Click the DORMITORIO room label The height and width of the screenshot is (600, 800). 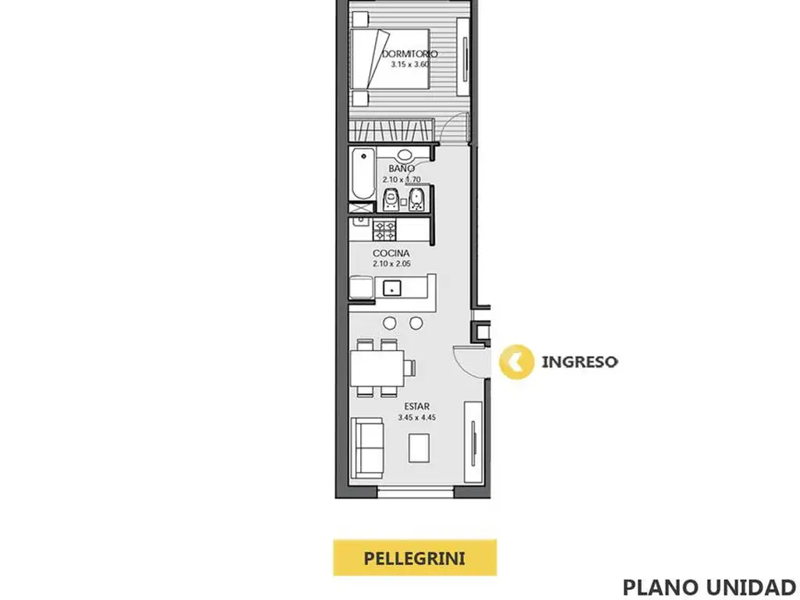pyautogui.click(x=409, y=54)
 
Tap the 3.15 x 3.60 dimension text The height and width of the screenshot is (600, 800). pyautogui.click(x=409, y=64)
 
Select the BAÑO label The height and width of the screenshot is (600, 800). pyautogui.click(x=402, y=168)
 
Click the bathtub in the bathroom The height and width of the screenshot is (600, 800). pyautogui.click(x=363, y=174)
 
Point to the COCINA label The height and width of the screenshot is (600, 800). pyautogui.click(x=391, y=253)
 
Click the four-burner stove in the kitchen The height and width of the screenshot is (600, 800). pyautogui.click(x=384, y=230)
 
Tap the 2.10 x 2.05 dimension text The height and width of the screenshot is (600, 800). pyautogui.click(x=391, y=264)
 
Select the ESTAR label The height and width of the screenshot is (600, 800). pyautogui.click(x=417, y=406)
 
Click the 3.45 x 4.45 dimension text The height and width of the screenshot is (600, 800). pyautogui.click(x=417, y=417)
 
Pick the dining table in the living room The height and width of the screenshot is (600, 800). pyautogui.click(x=377, y=368)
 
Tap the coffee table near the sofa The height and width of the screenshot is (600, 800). pyautogui.click(x=419, y=448)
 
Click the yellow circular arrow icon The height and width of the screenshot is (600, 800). pyautogui.click(x=516, y=362)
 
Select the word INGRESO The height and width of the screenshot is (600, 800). pyautogui.click(x=579, y=362)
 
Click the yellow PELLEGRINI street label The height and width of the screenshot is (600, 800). pyautogui.click(x=415, y=558)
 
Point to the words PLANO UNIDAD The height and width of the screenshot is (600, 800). pyautogui.click(x=709, y=587)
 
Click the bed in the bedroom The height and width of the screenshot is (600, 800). pyautogui.click(x=391, y=59)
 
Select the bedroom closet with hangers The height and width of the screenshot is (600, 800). pyautogui.click(x=391, y=130)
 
